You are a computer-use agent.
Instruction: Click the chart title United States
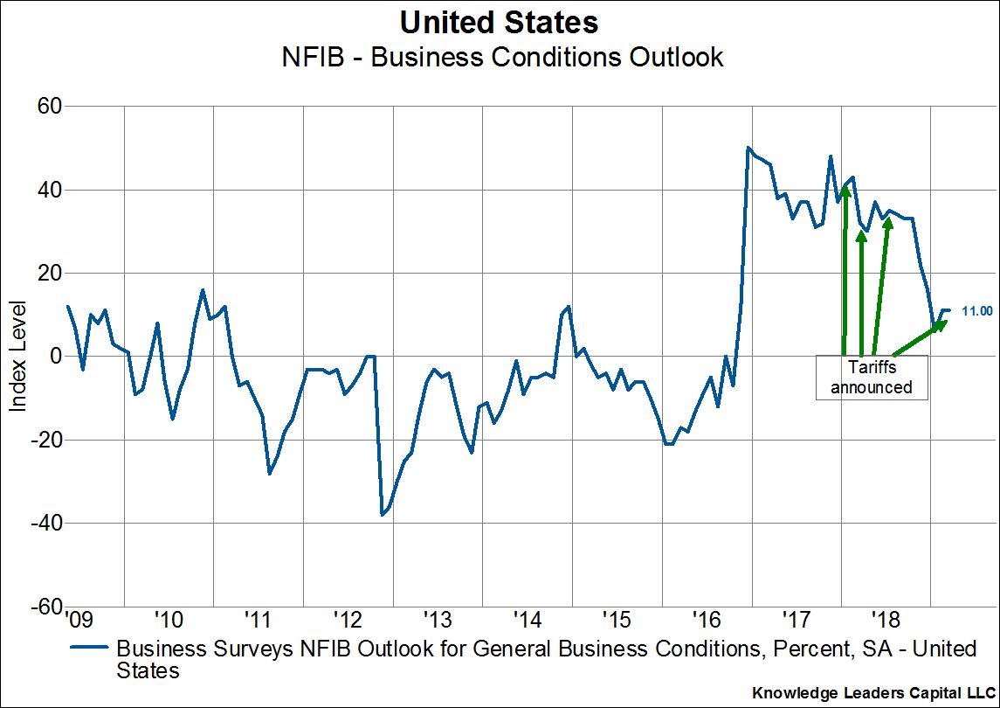click(499, 22)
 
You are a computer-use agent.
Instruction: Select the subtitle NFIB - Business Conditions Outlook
click(499, 58)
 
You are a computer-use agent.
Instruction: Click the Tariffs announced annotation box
click(871, 378)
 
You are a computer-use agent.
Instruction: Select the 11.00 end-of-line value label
click(976, 310)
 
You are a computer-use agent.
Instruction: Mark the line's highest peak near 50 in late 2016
click(748, 148)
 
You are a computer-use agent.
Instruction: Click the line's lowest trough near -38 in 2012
click(383, 515)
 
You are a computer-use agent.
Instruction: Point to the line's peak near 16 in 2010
click(203, 290)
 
